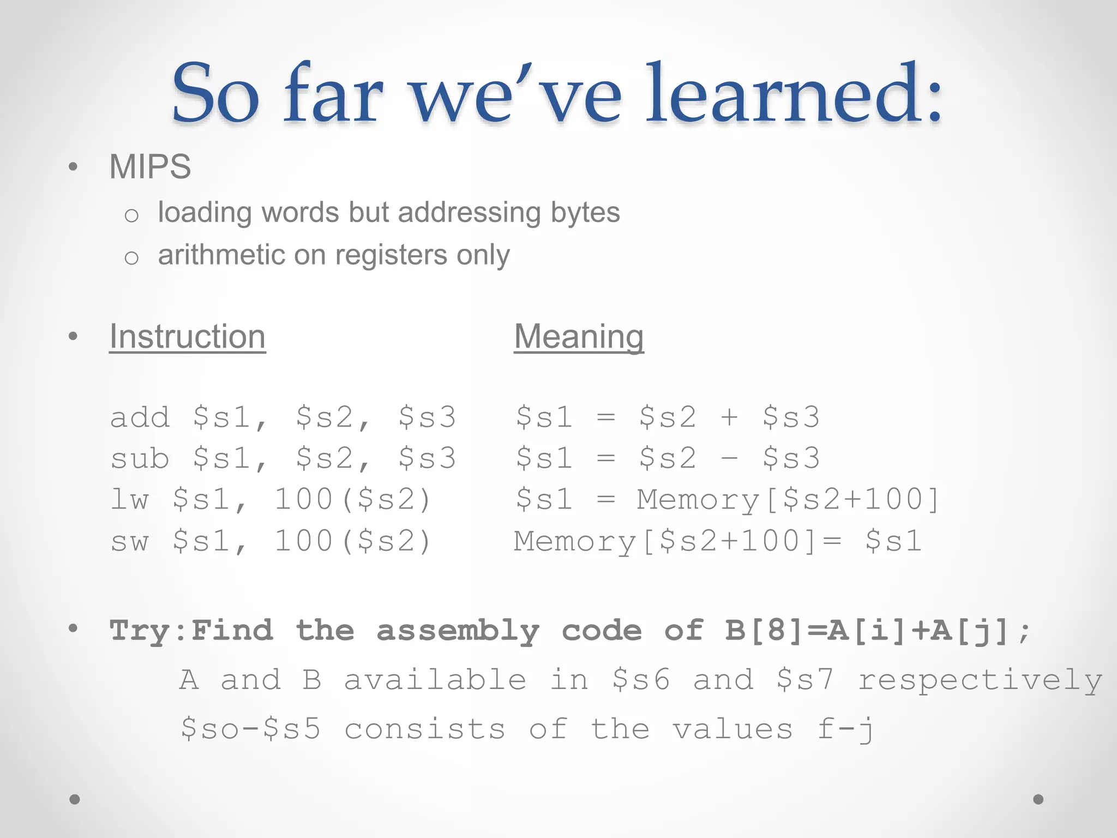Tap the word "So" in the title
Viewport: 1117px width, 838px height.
point(215,94)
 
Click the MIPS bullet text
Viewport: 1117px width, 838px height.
point(150,166)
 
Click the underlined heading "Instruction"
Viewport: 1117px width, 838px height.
point(187,337)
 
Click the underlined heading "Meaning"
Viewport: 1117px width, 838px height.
point(579,337)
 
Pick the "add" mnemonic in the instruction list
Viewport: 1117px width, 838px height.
point(140,417)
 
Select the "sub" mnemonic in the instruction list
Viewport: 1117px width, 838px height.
point(140,458)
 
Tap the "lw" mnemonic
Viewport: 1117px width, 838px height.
point(130,500)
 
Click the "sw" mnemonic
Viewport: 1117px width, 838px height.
point(130,541)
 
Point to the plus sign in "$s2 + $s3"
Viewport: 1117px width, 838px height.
point(729,417)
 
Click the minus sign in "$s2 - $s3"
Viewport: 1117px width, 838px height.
point(729,459)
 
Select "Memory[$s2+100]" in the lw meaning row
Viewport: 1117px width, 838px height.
point(789,500)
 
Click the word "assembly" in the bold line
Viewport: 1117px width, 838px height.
point(458,631)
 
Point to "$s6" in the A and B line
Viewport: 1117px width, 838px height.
point(641,680)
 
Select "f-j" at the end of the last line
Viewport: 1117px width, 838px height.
point(845,729)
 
